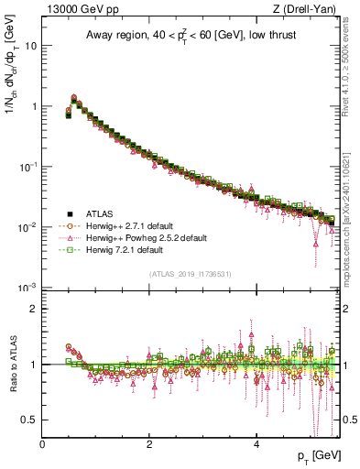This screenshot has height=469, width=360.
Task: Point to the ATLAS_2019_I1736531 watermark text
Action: pyautogui.click(x=191, y=274)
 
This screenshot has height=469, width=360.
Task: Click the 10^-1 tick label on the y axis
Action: pyautogui.click(x=27, y=166)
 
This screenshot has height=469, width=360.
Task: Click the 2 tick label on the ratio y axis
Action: pyautogui.click(x=33, y=309)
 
